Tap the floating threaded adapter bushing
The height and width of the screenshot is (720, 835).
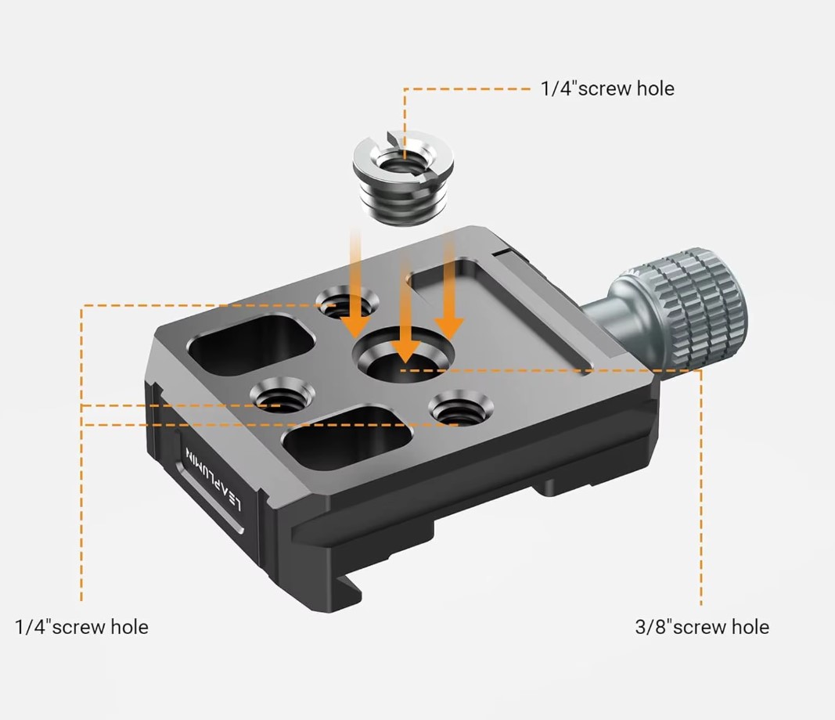403,179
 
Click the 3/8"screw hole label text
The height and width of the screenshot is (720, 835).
702,627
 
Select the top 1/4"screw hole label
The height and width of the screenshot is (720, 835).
607,88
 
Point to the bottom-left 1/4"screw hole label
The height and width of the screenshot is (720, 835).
81,627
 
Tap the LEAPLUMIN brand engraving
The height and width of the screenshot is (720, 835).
213,478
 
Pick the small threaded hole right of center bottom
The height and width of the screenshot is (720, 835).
461,408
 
